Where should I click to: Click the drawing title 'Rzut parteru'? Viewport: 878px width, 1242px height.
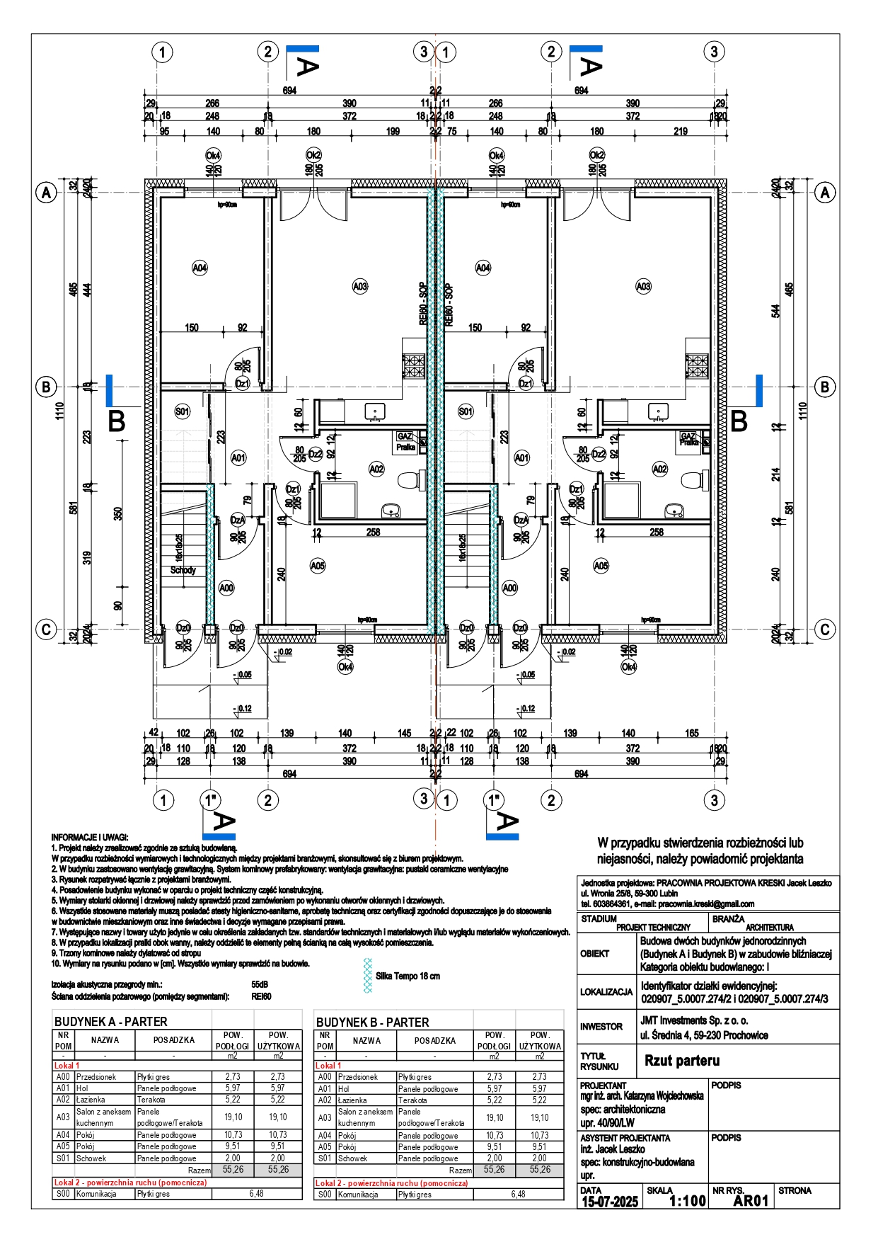point(681,1060)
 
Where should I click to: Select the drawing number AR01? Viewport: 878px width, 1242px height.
point(750,1201)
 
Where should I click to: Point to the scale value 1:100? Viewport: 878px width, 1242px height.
point(687,1201)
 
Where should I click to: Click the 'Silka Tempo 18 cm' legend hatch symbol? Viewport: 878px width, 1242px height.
point(367,976)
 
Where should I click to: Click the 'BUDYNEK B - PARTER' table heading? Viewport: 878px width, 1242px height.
point(372,1022)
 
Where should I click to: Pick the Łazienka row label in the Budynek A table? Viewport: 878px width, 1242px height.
point(91,1100)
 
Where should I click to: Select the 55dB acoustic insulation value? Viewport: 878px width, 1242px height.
point(260,984)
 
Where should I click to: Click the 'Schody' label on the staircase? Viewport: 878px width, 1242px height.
point(183,570)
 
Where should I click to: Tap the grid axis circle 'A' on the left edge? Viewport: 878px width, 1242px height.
point(46,193)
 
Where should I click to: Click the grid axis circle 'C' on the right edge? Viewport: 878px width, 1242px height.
point(825,629)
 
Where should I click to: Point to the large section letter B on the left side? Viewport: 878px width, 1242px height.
point(116,421)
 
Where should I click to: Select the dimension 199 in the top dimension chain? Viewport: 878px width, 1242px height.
point(393,131)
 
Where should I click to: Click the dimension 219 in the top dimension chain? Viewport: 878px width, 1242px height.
point(680,131)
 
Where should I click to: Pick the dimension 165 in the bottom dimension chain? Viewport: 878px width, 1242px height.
point(691,734)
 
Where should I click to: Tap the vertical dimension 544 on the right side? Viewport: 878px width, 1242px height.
point(775,310)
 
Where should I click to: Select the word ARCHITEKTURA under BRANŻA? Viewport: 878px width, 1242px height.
point(769,927)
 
